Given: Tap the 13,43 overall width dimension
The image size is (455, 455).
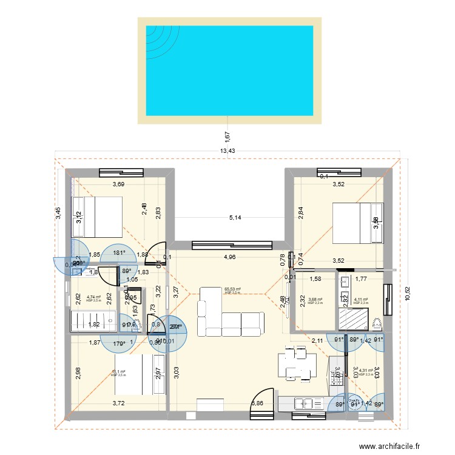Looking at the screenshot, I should click(227, 151).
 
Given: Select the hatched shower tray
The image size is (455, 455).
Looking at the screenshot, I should click(350, 318).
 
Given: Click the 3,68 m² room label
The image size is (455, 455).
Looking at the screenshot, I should click(316, 299).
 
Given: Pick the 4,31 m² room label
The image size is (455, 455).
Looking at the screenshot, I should click(366, 371).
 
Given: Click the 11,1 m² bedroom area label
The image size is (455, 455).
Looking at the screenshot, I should click(118, 372).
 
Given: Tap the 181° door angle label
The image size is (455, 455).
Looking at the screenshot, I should click(119, 254).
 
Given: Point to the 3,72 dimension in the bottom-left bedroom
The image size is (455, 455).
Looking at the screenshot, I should click(120, 403).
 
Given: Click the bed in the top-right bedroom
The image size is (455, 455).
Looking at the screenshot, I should click(359, 222).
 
